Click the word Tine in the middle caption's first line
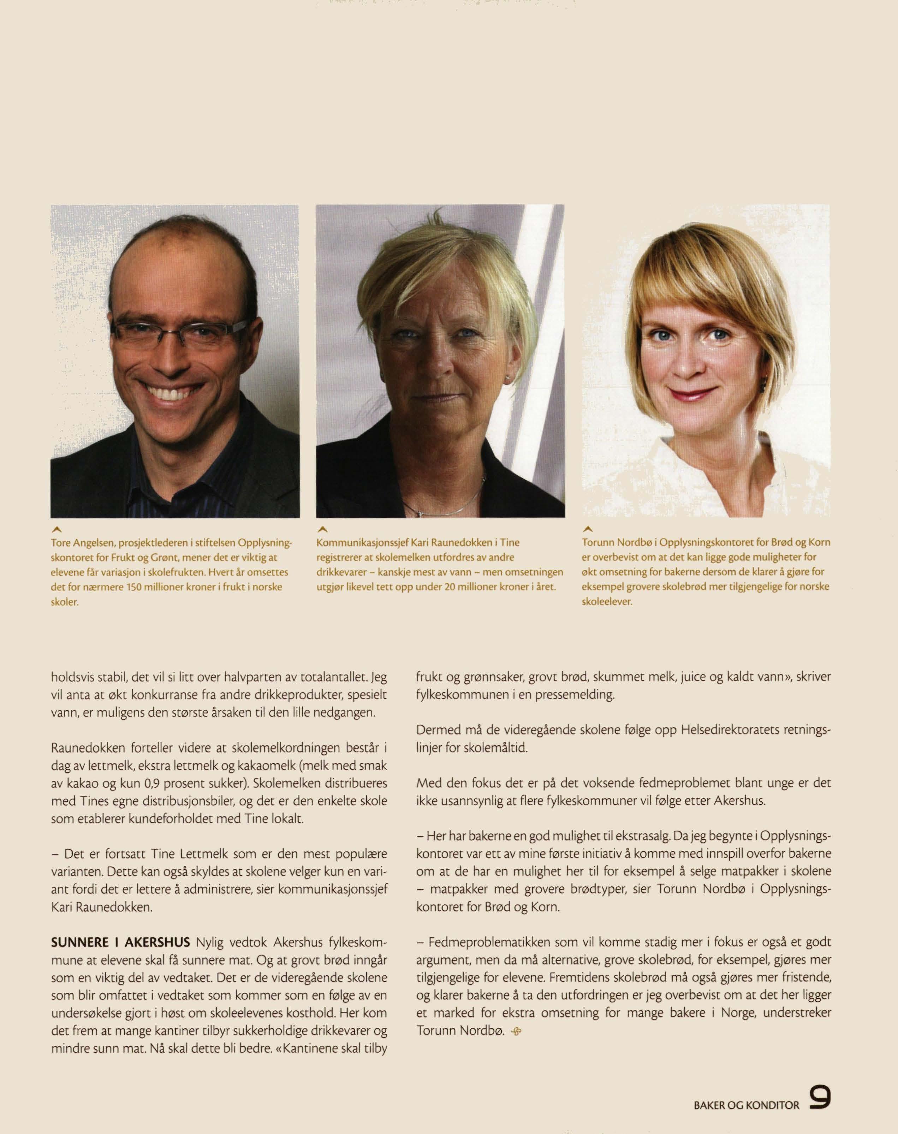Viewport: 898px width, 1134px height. tap(510, 542)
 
